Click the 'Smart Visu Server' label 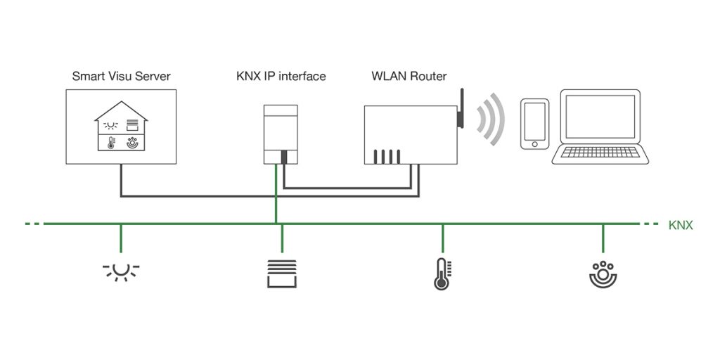[x=122, y=76]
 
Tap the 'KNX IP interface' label [x=281, y=76]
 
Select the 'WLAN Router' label [x=409, y=76]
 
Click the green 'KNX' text [x=681, y=226]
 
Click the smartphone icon [x=534, y=124]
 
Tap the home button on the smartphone [x=534, y=143]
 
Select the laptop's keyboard [x=600, y=152]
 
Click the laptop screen [x=600, y=116]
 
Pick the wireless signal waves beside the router [x=492, y=120]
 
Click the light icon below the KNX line [x=121, y=272]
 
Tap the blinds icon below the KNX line [x=282, y=274]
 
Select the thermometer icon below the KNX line [x=442, y=274]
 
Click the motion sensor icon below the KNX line [x=603, y=275]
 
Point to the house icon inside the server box [x=121, y=126]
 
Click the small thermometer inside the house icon [x=111, y=142]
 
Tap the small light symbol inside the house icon [x=110, y=125]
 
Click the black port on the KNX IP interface [x=284, y=157]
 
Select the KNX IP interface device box [x=281, y=134]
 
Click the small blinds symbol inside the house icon [x=132, y=125]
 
